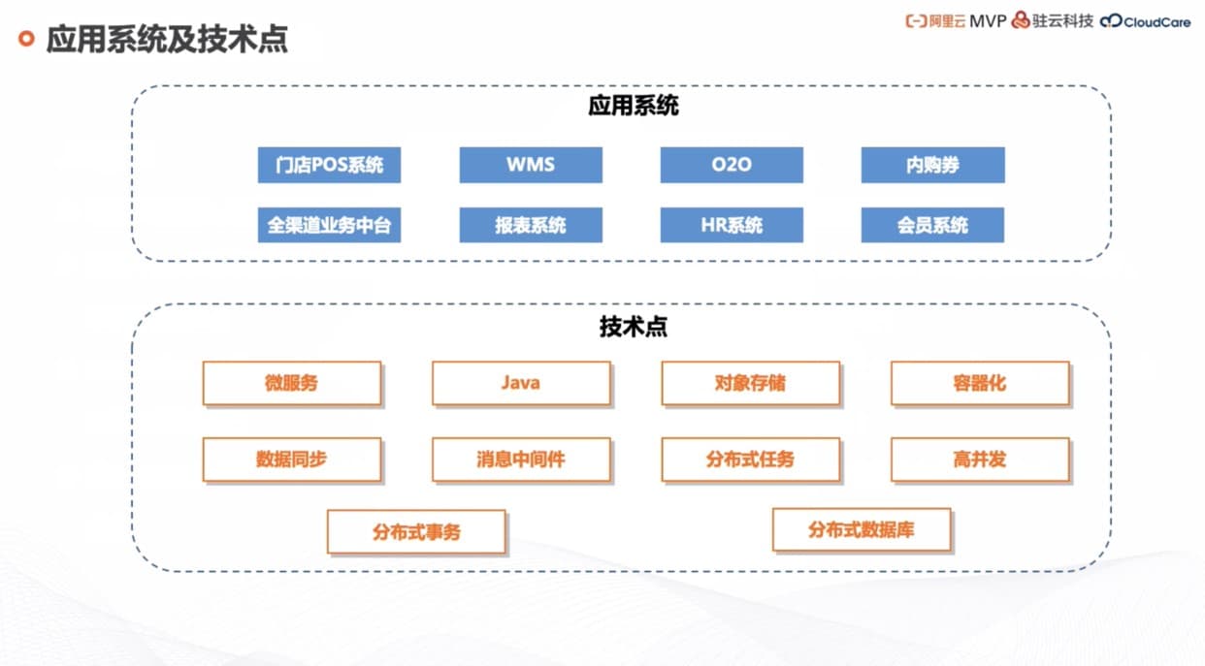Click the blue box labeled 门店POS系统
[329, 165]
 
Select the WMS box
[531, 165]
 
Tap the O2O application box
[732, 165]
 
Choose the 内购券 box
[932, 165]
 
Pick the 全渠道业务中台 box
[329, 225]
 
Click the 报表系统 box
[531, 225]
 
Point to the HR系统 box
[732, 225]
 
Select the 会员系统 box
[932, 225]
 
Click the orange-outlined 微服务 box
[291, 383]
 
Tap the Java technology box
[521, 383]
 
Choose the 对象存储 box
[750, 383]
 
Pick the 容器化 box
[980, 383]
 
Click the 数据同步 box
[291, 459]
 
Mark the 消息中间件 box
[521, 459]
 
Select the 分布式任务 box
[750, 459]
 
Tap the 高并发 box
[980, 459]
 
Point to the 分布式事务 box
[416, 531]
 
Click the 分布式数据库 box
[862, 529]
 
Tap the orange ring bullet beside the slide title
[27, 39]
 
